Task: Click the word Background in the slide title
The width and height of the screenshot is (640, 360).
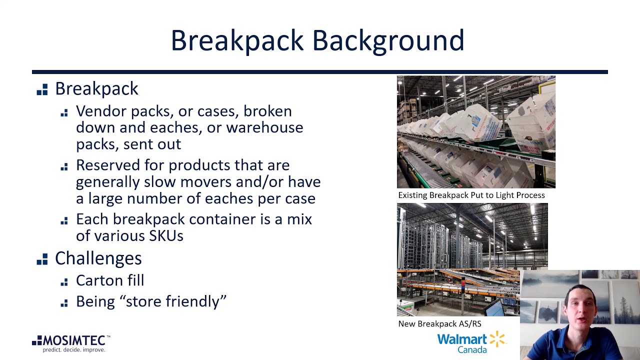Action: (x=388, y=40)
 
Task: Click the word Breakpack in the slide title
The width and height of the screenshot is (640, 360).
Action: (x=237, y=40)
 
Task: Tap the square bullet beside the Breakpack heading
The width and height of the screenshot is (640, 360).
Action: (x=42, y=89)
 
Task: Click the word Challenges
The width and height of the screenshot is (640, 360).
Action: (x=98, y=258)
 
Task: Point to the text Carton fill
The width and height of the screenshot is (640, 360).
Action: (x=110, y=280)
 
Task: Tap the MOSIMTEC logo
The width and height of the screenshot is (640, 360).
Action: (x=71, y=341)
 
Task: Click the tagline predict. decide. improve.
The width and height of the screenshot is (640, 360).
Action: (x=73, y=350)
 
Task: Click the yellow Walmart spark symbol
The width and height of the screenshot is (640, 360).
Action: (x=497, y=339)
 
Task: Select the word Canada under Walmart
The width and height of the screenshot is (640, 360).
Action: (x=472, y=349)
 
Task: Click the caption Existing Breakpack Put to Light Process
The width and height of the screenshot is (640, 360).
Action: (x=471, y=195)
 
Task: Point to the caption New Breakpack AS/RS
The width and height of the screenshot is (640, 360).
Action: (x=439, y=323)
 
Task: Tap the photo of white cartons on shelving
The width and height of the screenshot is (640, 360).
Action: (x=475, y=132)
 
